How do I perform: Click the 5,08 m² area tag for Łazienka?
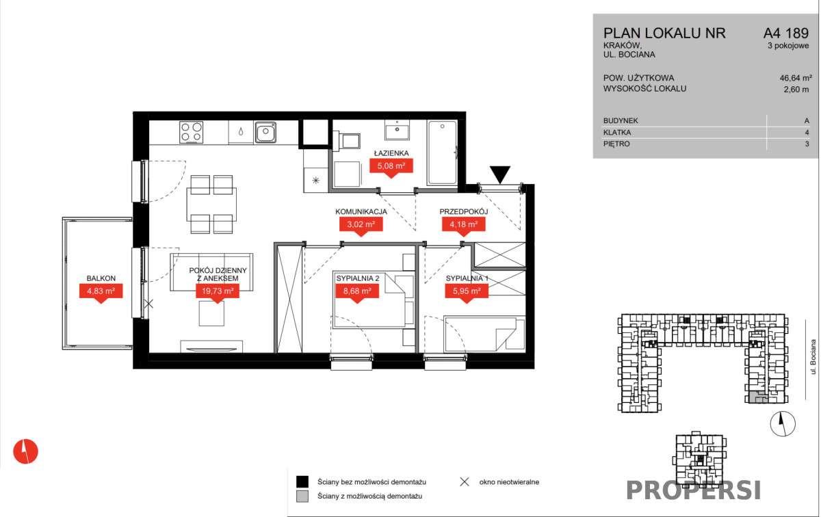(391, 167)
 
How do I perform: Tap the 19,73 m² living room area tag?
(218, 292)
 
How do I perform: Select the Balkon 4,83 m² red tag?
(101, 292)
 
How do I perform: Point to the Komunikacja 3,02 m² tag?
(361, 225)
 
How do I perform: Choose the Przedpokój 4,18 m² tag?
(464, 225)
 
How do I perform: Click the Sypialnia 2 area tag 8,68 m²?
(357, 292)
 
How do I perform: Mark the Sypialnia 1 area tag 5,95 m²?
(466, 292)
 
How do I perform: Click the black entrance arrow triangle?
(500, 174)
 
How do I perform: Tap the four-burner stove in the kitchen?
(192, 132)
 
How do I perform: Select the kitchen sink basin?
(265, 132)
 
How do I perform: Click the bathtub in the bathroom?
(443, 153)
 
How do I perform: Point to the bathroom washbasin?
(397, 130)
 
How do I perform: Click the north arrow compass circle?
(783, 424)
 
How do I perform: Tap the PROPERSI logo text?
(694, 490)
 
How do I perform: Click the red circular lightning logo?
(26, 451)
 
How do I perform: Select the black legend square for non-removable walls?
(302, 482)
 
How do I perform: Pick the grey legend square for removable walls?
(302, 496)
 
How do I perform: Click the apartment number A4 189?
(786, 33)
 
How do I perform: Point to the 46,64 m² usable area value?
(796, 78)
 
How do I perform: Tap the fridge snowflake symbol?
(315, 180)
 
